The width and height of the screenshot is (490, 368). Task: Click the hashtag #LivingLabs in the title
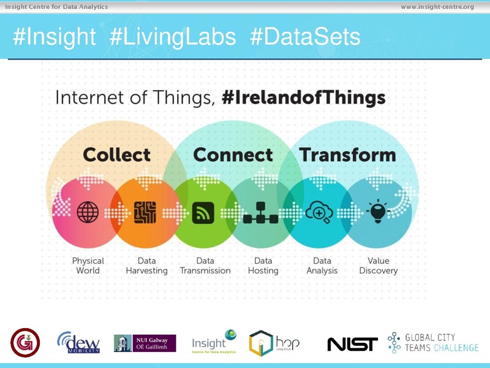pyautogui.click(x=173, y=37)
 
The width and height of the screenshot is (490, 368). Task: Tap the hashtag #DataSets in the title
pyautogui.click(x=305, y=37)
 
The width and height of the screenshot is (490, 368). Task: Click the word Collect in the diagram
pyautogui.click(x=116, y=155)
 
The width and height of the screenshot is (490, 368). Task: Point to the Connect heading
pyautogui.click(x=233, y=155)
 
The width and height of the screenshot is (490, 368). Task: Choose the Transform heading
pyautogui.click(x=347, y=155)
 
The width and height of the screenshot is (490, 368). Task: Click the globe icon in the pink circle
pyautogui.click(x=88, y=212)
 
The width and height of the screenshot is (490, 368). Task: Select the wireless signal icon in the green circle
pyautogui.click(x=203, y=212)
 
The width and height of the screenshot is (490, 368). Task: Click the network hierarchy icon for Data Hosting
pyautogui.click(x=261, y=213)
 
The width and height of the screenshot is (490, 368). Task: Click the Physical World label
pyautogui.click(x=88, y=266)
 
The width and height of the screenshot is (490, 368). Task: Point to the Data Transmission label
pyautogui.click(x=205, y=266)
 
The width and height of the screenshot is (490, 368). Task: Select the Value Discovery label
pyautogui.click(x=378, y=266)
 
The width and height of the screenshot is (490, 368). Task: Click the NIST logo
pyautogui.click(x=352, y=344)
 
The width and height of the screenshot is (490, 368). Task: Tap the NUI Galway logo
pyautogui.click(x=145, y=343)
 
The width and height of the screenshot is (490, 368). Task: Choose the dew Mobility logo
pyautogui.click(x=79, y=343)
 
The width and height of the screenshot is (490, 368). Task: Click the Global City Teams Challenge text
pyautogui.click(x=441, y=343)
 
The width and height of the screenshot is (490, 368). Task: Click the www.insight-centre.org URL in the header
pyautogui.click(x=437, y=7)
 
